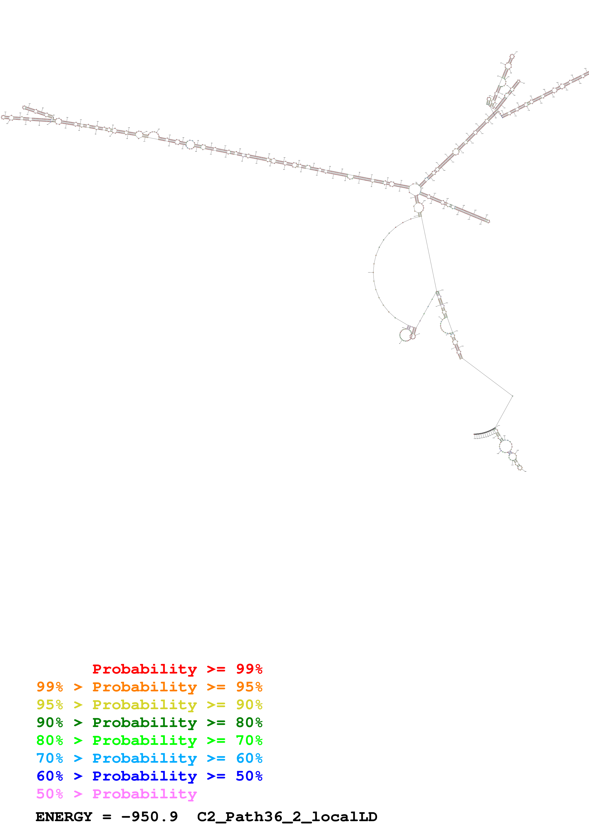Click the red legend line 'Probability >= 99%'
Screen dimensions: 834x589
tap(177, 669)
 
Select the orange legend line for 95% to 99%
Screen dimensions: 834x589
tap(149, 687)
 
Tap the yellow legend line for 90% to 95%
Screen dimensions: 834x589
tap(149, 705)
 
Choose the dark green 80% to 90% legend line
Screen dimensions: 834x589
tap(149, 722)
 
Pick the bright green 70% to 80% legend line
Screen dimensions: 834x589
tap(149, 740)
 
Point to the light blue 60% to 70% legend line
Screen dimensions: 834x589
tap(149, 758)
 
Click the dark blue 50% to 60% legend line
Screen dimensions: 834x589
tap(149, 776)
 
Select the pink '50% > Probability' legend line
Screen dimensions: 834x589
tap(116, 794)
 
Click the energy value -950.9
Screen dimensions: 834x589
tap(149, 817)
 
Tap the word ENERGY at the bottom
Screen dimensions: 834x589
tap(64, 817)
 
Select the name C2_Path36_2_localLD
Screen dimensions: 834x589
tap(287, 817)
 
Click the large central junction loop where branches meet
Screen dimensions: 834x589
tap(414, 189)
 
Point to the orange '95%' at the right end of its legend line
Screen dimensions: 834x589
tap(249, 687)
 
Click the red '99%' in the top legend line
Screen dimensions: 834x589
tap(249, 669)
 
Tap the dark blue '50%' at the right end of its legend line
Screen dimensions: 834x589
tap(249, 776)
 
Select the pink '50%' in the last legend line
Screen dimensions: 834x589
tap(50, 794)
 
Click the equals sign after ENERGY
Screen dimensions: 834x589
tap(107, 817)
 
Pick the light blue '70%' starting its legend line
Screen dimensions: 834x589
tap(50, 758)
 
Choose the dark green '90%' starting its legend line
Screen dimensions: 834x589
tap(50, 722)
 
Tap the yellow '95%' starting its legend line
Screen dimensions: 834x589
tap(50, 705)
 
